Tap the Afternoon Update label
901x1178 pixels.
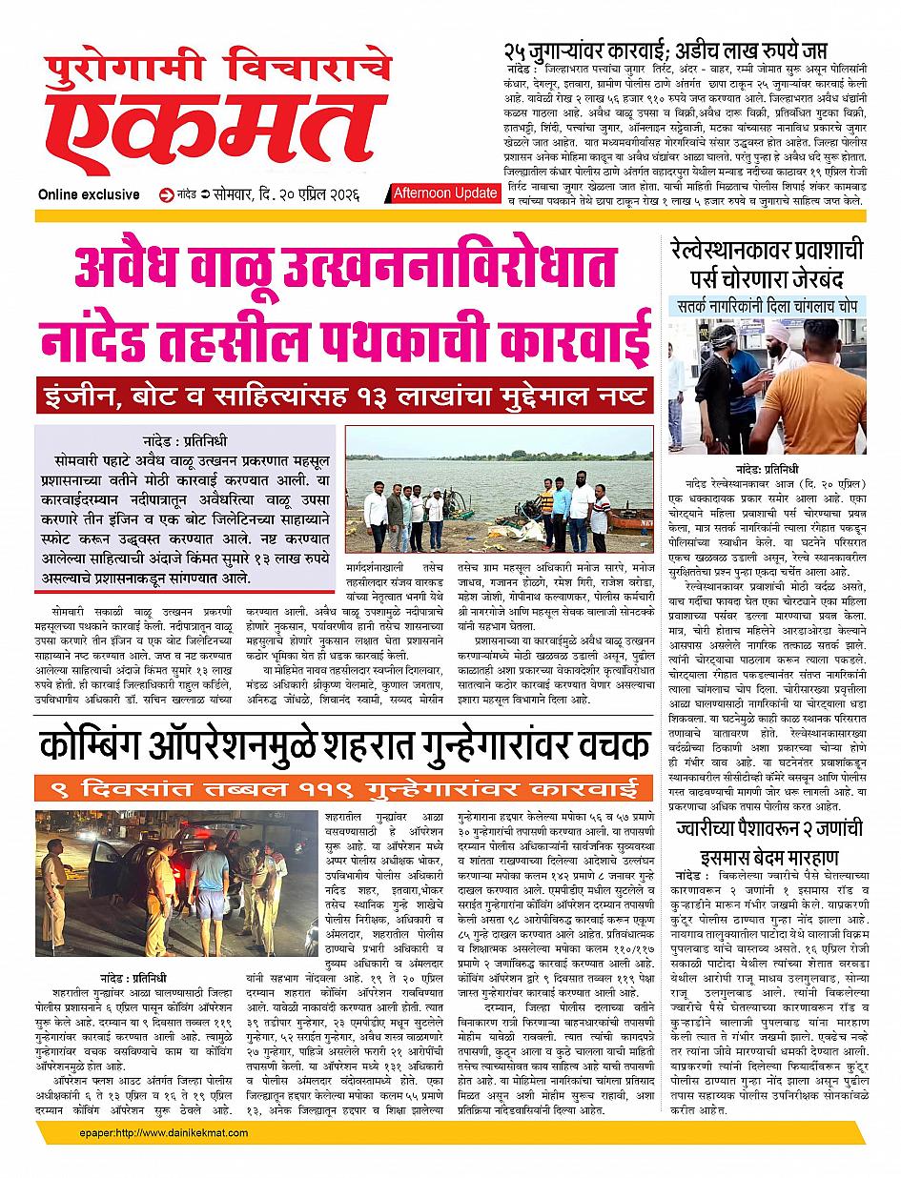click(x=444, y=193)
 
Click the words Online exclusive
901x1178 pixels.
click(x=89, y=195)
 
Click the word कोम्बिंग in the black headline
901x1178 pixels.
click(x=103, y=747)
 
